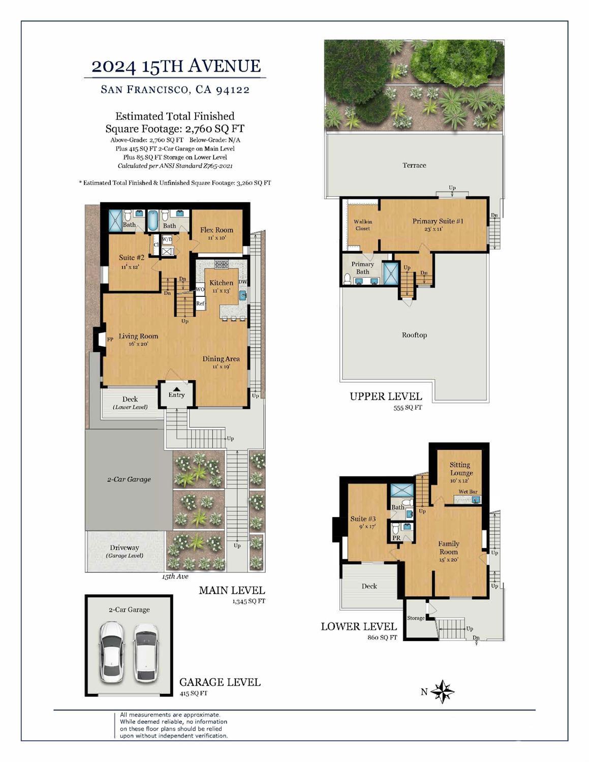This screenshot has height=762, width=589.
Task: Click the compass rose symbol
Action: click(x=443, y=691)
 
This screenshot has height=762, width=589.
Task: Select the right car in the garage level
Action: click(x=145, y=653)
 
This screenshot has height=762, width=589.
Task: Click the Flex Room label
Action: click(x=216, y=230)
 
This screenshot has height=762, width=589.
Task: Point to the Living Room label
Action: click(x=138, y=336)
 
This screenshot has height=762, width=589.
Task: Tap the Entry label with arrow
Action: click(x=176, y=393)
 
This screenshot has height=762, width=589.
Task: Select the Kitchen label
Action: click(x=222, y=283)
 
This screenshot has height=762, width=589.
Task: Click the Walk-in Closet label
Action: click(x=363, y=225)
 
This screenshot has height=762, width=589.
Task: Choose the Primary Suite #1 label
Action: click(x=438, y=221)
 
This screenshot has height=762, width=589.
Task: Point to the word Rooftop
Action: click(x=414, y=335)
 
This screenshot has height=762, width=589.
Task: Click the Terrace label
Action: click(x=414, y=165)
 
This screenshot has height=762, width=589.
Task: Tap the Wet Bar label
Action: click(x=468, y=492)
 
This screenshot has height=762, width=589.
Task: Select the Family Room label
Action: click(x=449, y=547)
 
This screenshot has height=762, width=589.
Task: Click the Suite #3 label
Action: click(x=363, y=519)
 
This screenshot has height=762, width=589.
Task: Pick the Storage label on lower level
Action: click(x=416, y=618)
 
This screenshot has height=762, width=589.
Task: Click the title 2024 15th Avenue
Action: click(x=176, y=66)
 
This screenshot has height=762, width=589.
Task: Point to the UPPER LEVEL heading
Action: click(x=386, y=397)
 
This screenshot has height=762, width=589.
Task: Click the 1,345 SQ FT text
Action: click(x=249, y=601)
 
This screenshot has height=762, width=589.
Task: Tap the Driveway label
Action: click(x=125, y=547)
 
